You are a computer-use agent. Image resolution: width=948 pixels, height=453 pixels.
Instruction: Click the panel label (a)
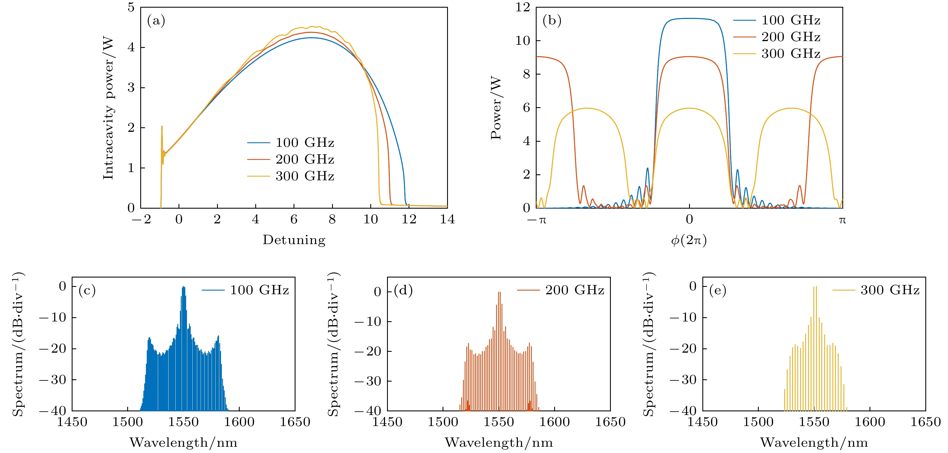point(156,21)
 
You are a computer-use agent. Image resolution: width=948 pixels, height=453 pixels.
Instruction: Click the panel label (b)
point(552,21)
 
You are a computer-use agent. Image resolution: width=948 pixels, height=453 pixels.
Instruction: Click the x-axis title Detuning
point(294,240)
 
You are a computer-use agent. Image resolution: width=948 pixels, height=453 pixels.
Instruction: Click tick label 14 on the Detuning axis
point(447,219)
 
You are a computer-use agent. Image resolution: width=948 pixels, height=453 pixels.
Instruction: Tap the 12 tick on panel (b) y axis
point(522,7)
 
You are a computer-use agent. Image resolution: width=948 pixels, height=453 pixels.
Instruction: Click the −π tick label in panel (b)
point(537,220)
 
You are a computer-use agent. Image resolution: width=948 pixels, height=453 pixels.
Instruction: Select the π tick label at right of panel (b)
point(842,220)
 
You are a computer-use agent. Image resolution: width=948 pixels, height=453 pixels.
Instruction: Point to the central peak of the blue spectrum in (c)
point(184,288)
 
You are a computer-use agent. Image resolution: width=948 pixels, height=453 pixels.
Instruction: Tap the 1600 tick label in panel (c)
point(239,422)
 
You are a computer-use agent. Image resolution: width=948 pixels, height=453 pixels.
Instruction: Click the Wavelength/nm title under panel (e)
point(814,442)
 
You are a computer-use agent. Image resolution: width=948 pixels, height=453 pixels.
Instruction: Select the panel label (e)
point(718,291)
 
